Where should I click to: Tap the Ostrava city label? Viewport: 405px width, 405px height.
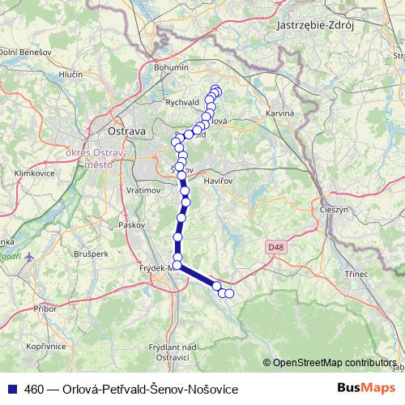coord(126,130)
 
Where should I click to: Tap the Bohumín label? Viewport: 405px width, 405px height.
coord(171,69)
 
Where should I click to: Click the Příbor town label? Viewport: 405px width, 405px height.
coord(45,309)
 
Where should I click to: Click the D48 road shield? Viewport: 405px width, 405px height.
coord(275,245)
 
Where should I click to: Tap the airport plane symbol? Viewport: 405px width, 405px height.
coord(31,258)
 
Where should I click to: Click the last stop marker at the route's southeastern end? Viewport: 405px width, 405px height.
coord(229,293)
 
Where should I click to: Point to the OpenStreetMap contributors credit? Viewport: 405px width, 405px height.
coord(334,364)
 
